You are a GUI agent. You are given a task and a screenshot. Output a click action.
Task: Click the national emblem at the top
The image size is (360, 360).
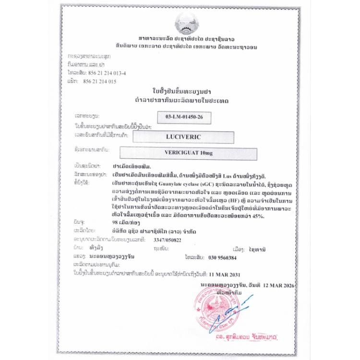click(x=185, y=23)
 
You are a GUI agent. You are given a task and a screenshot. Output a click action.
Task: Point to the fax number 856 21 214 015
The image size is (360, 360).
click(x=100, y=82)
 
